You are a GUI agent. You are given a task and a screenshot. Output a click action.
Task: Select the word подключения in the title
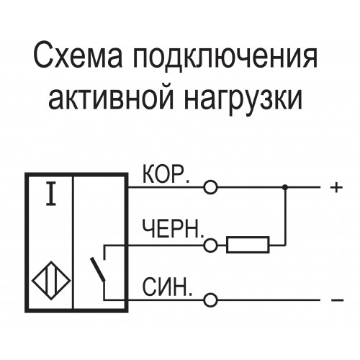tap(225, 58)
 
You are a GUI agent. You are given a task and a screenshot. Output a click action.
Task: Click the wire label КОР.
tap(166, 174)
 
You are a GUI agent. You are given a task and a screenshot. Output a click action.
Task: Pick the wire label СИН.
tap(167, 287)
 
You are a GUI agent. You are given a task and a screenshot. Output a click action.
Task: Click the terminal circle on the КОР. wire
tap(210, 187)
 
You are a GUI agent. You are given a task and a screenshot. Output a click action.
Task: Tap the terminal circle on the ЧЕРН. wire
tap(210, 246)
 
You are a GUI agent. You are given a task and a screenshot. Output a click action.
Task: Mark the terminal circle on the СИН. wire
tap(210, 300)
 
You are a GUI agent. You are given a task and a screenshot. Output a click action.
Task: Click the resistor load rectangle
tap(248, 245)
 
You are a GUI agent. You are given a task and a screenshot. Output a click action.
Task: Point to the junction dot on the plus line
tap(285, 187)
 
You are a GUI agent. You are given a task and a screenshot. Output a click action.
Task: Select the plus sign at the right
tap(336, 187)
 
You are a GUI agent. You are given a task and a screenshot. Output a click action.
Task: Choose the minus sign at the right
tap(337, 300)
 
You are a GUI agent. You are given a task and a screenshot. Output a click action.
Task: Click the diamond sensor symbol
tap(51, 280)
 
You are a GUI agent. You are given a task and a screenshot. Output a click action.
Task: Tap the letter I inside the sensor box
tap(51, 194)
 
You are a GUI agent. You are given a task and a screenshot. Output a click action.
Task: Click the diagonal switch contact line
tap(97, 269)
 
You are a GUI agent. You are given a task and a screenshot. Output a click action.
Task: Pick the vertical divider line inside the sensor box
tap(73, 243)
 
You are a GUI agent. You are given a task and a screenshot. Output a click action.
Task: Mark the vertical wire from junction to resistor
tap(285, 216)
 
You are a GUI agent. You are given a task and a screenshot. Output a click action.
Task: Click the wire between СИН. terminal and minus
tap(269, 300)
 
